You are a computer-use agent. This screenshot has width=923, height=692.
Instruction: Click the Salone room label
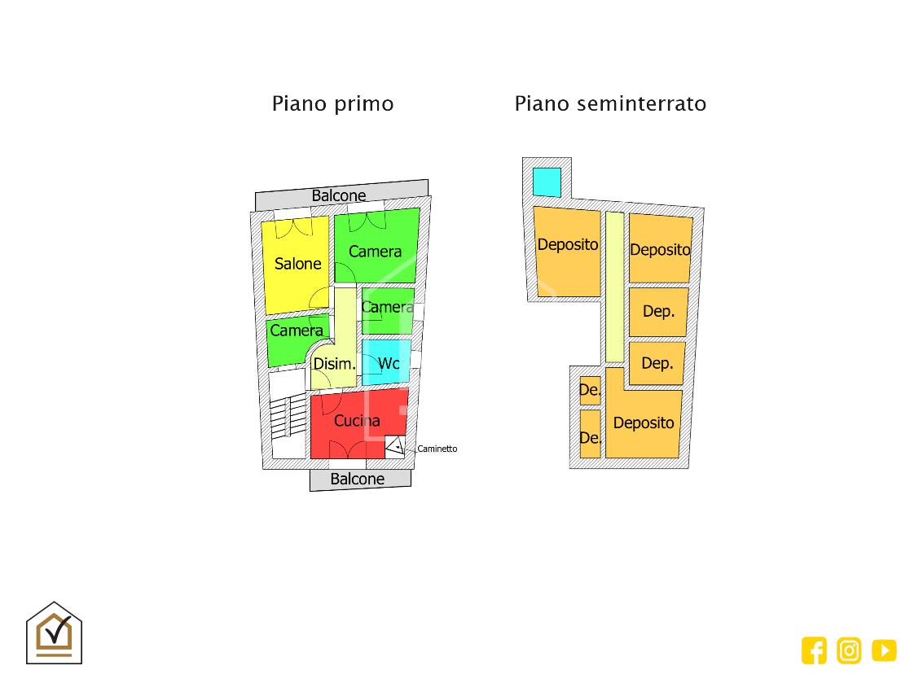(298, 264)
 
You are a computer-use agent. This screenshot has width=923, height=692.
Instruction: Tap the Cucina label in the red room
(357, 421)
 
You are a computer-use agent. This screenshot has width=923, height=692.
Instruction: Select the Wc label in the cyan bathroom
(389, 363)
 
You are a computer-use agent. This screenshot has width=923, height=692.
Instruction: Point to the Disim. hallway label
(334, 364)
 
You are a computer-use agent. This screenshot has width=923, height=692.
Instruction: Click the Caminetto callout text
(437, 449)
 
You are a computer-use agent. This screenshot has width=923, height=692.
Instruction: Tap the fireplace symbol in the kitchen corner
(395, 446)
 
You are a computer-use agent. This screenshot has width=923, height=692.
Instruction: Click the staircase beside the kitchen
(288, 416)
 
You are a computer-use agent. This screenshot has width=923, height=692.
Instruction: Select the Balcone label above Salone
(338, 195)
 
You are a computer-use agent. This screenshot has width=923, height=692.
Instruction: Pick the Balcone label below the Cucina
(358, 479)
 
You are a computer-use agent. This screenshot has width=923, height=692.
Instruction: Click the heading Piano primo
(332, 103)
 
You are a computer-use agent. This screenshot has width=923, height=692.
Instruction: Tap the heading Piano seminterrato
(610, 103)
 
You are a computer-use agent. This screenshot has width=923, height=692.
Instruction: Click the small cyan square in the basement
(547, 182)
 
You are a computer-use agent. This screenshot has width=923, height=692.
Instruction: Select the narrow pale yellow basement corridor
(614, 287)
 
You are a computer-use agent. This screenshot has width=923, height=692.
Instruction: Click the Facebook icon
(814, 650)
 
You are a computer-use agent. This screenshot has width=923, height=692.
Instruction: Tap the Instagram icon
(849, 650)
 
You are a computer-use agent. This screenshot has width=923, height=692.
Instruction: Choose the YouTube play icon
(884, 650)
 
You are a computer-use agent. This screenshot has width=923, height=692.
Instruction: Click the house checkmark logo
(54, 633)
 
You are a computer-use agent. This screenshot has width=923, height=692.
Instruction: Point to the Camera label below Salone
(297, 331)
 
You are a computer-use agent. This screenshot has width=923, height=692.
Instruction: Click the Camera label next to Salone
(375, 252)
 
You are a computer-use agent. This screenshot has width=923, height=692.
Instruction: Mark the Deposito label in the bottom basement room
(644, 423)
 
